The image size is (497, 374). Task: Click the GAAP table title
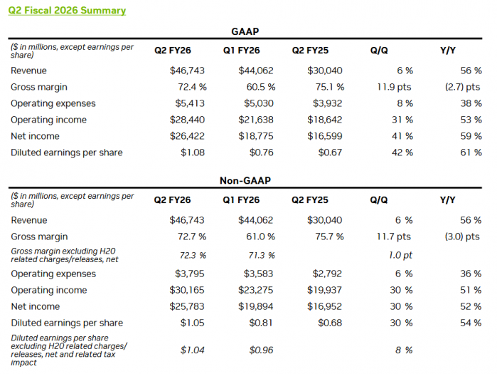[245, 32]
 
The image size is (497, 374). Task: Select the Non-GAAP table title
[245, 182]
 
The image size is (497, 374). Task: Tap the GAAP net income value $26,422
[183, 136]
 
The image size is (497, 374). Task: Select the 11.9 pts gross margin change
[392, 87]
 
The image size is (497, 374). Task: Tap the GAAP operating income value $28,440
[183, 120]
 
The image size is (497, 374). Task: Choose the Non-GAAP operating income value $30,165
[183, 290]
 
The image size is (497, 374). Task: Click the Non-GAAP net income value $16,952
[324, 306]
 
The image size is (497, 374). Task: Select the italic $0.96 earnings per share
[260, 350]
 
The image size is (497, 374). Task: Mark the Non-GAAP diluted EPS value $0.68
[329, 323]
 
